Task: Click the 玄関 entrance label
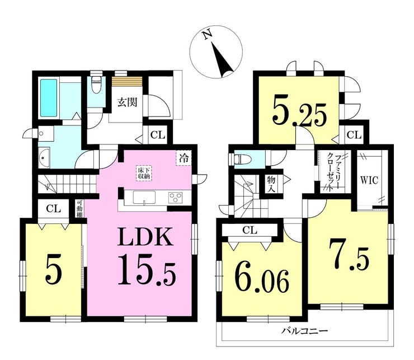pyautogui.click(x=127, y=102)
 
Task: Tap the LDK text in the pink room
pyautogui.click(x=145, y=237)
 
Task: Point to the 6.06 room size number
pyautogui.click(x=262, y=280)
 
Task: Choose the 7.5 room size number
pyautogui.click(x=348, y=255)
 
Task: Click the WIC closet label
pyautogui.click(x=369, y=180)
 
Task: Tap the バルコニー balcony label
pyautogui.click(x=304, y=330)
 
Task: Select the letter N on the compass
pyautogui.click(x=207, y=35)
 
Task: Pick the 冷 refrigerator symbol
pyautogui.click(x=184, y=158)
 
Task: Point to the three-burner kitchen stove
pyautogui.click(x=176, y=198)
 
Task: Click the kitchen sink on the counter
pyautogui.click(x=144, y=198)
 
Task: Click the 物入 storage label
pyautogui.click(x=271, y=184)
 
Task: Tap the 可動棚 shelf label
pyautogui.click(x=79, y=209)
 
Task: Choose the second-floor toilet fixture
pyautogui.click(x=241, y=160)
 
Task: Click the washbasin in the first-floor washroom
pyautogui.click(x=44, y=157)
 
